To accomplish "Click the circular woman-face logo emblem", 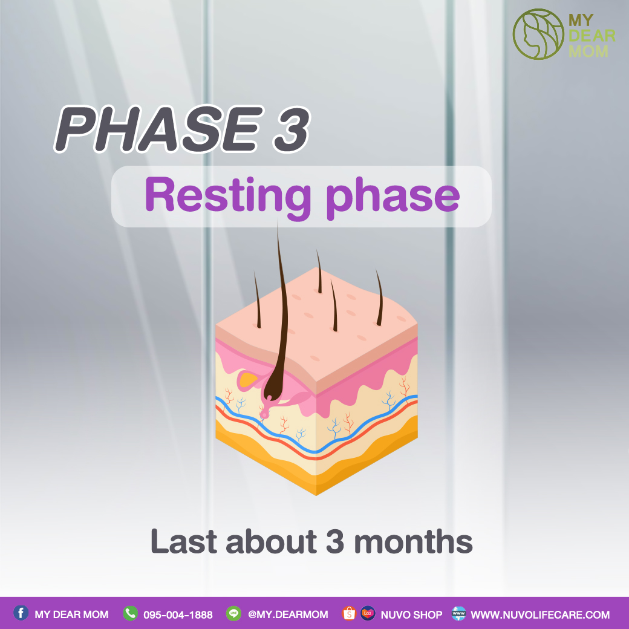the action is (x=538, y=34).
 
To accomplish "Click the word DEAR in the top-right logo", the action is (x=592, y=36).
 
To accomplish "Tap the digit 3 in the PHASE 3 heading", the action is (x=292, y=129).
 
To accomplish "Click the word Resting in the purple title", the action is (x=228, y=195).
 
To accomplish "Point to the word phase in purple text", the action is (x=393, y=197).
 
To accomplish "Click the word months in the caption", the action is (x=413, y=541).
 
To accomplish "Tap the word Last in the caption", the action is (x=184, y=541).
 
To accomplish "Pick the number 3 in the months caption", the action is (x=335, y=541).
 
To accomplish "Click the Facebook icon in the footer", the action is (x=21, y=613).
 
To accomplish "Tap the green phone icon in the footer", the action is (x=131, y=613).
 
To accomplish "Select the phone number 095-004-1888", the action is (x=178, y=614).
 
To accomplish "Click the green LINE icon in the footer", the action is (x=233, y=613).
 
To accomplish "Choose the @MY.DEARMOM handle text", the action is (x=288, y=614).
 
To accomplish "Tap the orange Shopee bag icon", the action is (x=349, y=613).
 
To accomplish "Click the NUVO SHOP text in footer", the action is (x=412, y=614).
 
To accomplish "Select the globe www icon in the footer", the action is (x=458, y=613).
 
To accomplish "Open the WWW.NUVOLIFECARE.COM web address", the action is (x=540, y=614).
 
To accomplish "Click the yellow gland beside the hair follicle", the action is (x=248, y=379).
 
